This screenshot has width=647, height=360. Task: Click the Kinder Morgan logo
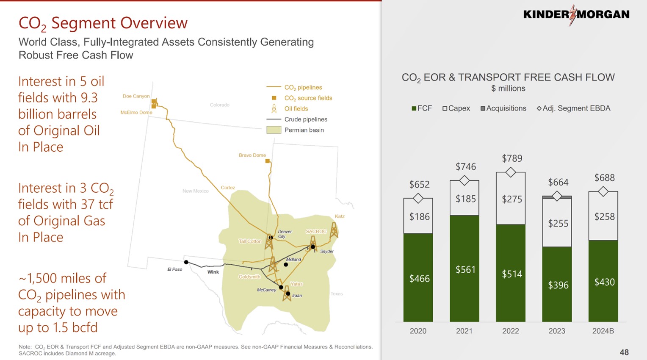click(x=576, y=15)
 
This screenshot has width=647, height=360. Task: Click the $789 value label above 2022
click(x=512, y=158)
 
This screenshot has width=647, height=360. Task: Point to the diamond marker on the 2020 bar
click(x=418, y=198)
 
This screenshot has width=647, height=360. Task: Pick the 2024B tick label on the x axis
click(x=603, y=331)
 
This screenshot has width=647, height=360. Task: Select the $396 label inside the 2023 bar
click(x=558, y=285)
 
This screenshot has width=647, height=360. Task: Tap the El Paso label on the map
click(x=174, y=269)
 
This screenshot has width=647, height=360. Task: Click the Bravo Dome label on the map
click(x=252, y=155)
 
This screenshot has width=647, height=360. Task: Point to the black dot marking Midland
click(x=286, y=265)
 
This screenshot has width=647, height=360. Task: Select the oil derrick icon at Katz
click(x=334, y=230)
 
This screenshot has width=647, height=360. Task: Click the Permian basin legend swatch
click(x=274, y=130)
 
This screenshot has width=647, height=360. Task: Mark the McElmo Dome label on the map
click(x=136, y=112)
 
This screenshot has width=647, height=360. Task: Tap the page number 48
click(x=624, y=352)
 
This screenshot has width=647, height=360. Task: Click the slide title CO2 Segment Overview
click(x=103, y=23)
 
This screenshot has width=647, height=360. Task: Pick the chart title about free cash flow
click(x=508, y=78)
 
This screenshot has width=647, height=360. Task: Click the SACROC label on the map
click(x=316, y=231)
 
